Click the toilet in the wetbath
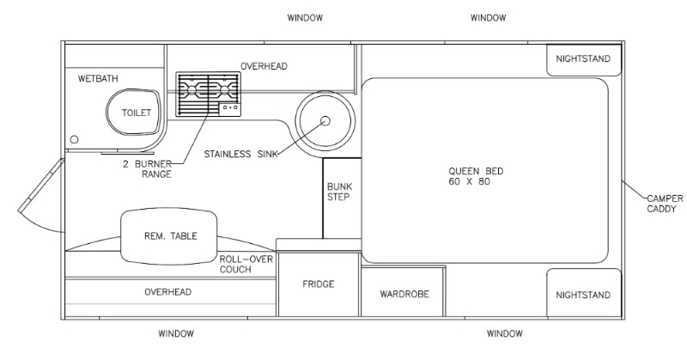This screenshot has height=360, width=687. [134, 112]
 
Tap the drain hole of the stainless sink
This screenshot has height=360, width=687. [325, 120]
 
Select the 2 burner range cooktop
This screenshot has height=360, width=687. [208, 95]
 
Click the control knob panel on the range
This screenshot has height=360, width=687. [229, 107]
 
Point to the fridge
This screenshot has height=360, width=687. [319, 284]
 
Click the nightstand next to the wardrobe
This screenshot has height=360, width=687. [584, 293]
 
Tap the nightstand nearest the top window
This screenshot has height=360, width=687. [584, 59]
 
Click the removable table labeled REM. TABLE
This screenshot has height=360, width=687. [169, 237]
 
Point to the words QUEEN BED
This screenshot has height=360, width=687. [476, 171]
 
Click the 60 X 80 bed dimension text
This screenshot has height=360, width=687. [469, 181]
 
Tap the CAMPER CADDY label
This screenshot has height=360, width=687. [665, 204]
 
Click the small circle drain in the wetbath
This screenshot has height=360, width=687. [74, 139]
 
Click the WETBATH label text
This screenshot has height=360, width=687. [98, 79]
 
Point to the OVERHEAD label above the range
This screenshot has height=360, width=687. [264, 66]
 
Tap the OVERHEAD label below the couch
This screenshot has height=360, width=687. [167, 292]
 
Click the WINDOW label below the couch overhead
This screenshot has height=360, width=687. [176, 333]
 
